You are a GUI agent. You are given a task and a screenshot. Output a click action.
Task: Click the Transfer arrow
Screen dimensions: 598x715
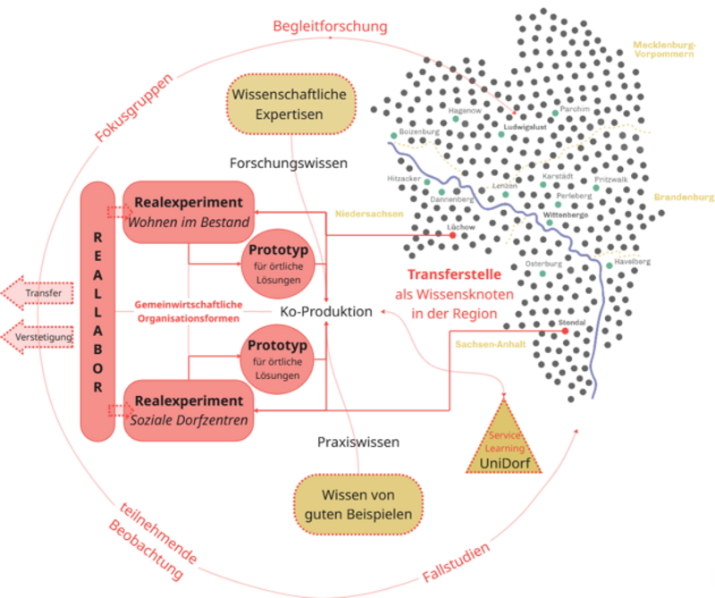pos(35,293)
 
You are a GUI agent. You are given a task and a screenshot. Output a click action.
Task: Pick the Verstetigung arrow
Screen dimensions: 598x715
pos(35,338)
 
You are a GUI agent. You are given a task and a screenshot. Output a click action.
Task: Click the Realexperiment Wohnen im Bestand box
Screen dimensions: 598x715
pos(187,210)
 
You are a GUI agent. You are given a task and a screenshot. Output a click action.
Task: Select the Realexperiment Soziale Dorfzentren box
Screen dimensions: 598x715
pos(187,409)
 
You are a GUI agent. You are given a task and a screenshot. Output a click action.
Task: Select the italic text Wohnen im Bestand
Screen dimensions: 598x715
pos(187,221)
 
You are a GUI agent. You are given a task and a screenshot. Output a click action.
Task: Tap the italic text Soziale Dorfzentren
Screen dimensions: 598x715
pos(187,419)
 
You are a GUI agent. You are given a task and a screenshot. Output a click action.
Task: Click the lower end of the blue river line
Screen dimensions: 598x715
pos(593,395)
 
